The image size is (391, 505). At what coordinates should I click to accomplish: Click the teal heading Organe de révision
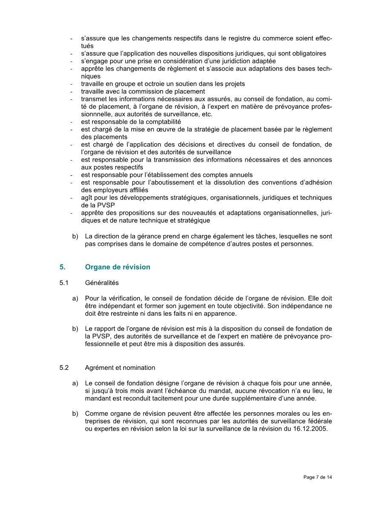[x=118, y=267]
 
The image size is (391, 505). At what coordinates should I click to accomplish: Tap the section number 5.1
[x=64, y=283]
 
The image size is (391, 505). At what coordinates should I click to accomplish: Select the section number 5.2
[x=64, y=368]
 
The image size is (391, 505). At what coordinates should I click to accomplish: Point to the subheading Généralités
[x=102, y=283]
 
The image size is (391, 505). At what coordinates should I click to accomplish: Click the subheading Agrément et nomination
[x=120, y=368]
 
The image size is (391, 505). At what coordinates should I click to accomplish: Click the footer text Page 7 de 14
[x=318, y=477]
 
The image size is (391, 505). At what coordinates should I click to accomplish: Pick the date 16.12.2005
[x=313, y=428]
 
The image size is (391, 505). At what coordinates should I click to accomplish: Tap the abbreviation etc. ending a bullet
[x=207, y=114]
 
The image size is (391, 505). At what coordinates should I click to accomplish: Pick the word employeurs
[x=109, y=190]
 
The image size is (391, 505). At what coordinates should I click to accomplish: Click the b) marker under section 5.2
[x=75, y=413]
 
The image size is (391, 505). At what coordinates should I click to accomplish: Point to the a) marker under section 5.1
[x=75, y=298]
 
